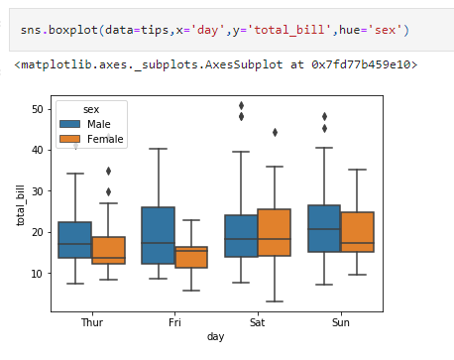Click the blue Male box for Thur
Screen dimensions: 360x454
(x=75, y=240)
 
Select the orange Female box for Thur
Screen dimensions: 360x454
(x=109, y=250)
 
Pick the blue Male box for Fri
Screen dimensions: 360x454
(x=159, y=236)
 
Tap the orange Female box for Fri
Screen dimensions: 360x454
(x=192, y=257)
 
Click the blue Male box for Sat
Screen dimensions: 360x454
(x=242, y=236)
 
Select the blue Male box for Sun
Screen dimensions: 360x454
(x=324, y=229)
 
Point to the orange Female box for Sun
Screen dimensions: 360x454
(x=358, y=232)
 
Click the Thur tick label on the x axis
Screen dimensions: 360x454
(x=92, y=322)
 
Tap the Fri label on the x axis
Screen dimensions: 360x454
(x=175, y=322)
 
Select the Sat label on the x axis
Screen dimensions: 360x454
(x=258, y=322)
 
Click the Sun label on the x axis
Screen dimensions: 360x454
(x=341, y=322)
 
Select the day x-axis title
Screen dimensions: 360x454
(x=216, y=337)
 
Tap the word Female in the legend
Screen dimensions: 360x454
(x=106, y=139)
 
